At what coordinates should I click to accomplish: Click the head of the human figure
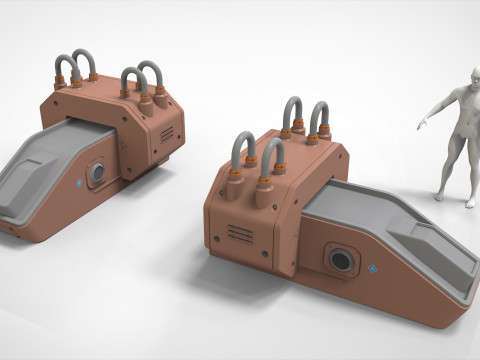pyautogui.click(x=458, y=96)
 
